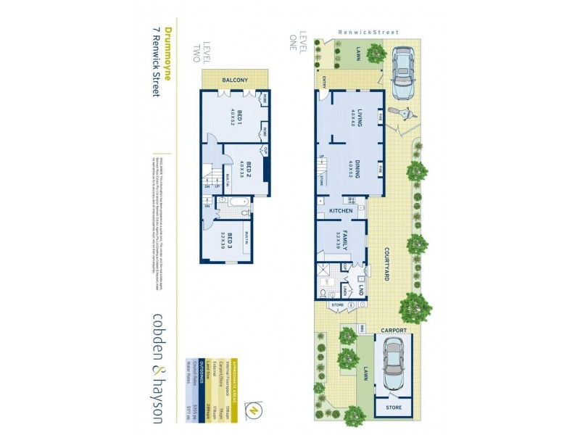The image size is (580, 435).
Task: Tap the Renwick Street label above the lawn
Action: (368, 32)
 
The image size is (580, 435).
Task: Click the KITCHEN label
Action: (341, 211)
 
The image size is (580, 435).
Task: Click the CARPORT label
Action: (394, 331)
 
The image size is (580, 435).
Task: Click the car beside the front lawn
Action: (402, 72)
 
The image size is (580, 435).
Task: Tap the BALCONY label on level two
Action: (236, 80)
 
